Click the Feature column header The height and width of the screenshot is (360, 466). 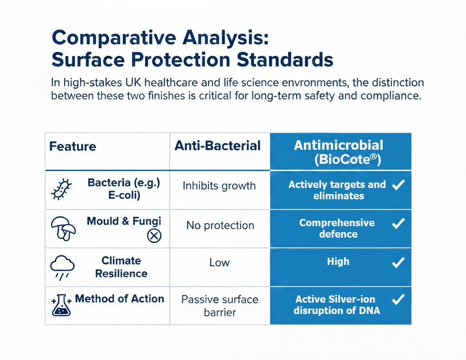tap(73, 147)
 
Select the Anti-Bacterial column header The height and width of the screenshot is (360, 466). tap(218, 146)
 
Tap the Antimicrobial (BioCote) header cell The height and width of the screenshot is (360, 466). tap(339, 152)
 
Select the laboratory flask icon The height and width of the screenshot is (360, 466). tap(62, 305)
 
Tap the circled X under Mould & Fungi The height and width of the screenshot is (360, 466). tap(154, 235)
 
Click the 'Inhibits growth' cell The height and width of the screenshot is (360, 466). tap(219, 186)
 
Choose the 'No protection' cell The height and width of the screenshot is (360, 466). tap(220, 225)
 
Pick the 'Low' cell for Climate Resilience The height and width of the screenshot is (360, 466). tap(219, 263)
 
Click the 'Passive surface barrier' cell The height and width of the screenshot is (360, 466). tap(219, 306)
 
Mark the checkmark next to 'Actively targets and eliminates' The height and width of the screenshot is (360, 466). tap(398, 184)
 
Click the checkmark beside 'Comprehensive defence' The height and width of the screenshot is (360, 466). tap(398, 223)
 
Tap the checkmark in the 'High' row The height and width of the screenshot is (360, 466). tap(398, 262)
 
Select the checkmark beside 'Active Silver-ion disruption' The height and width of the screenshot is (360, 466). tap(398, 299)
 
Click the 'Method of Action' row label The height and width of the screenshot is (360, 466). tap(119, 299)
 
